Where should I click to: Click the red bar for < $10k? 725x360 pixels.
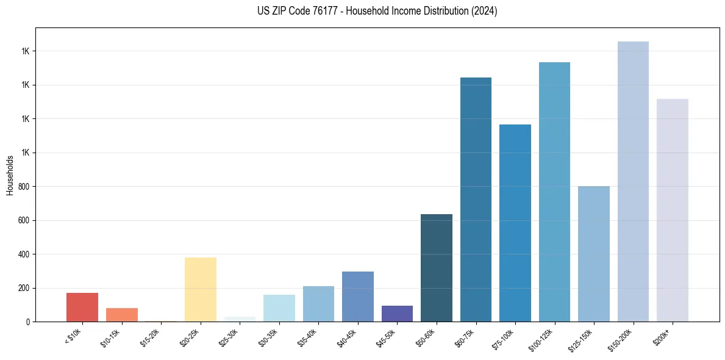(x=82, y=307)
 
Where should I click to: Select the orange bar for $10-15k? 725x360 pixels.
(x=121, y=315)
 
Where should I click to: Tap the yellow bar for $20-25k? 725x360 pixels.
(x=200, y=289)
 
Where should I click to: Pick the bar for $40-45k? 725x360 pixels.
(x=357, y=297)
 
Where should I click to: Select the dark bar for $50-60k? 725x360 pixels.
(x=436, y=268)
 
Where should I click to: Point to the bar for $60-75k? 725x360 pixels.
(x=476, y=200)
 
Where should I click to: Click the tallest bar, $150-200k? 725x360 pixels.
(x=633, y=181)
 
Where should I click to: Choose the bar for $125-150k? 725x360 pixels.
(x=593, y=254)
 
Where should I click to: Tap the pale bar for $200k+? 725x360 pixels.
(x=672, y=210)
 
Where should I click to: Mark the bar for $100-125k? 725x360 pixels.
(x=554, y=192)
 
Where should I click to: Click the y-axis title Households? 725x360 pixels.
(x=10, y=175)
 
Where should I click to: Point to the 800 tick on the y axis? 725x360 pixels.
(x=26, y=187)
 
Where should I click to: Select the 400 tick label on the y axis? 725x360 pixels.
(x=26, y=254)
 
